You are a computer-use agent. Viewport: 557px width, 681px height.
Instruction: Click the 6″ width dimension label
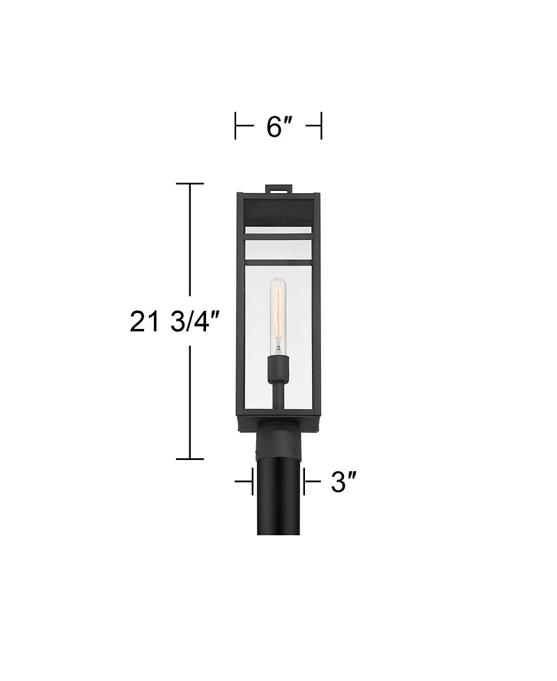pos(278,127)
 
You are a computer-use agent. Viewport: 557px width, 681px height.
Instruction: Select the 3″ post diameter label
pos(343,482)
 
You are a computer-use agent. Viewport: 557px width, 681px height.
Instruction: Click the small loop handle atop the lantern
pos(279,188)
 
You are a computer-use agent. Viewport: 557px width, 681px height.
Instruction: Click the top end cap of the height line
pos(189,183)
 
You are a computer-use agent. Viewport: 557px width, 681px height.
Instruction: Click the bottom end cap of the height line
pos(189,459)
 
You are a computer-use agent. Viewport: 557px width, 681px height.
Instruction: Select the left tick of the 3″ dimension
pos(251,482)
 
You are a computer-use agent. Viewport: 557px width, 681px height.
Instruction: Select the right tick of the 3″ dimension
pos(304,482)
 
